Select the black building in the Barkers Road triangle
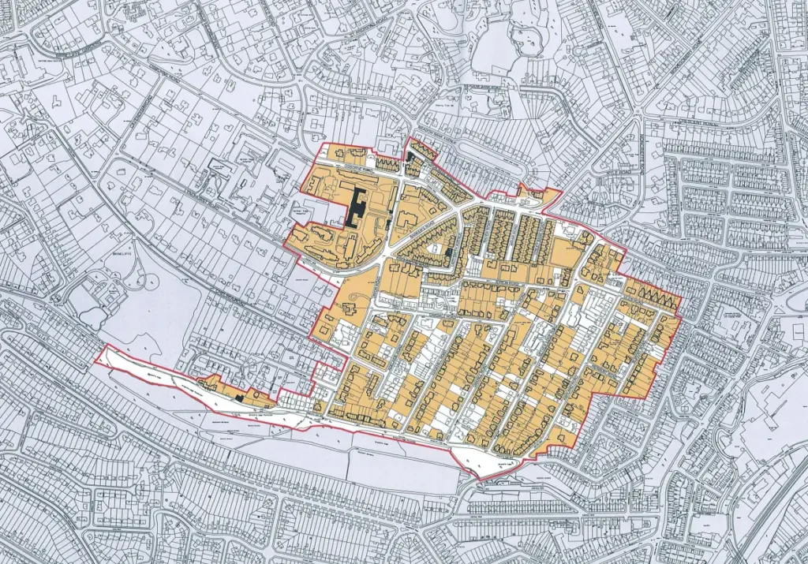[449, 252]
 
